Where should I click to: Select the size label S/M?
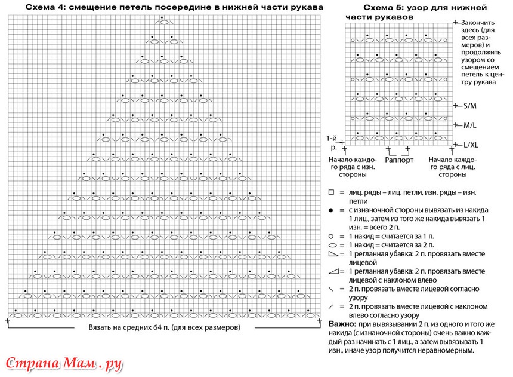coord(470,106)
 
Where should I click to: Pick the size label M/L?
coord(470,125)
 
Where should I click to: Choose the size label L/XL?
coord(472,145)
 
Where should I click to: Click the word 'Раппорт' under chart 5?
coord(399,160)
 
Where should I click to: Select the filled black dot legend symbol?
coord(331,211)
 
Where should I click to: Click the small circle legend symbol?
coord(331,237)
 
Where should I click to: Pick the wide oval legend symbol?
coord(331,246)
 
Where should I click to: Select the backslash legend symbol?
coord(331,289)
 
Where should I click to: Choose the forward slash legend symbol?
coord(331,306)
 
